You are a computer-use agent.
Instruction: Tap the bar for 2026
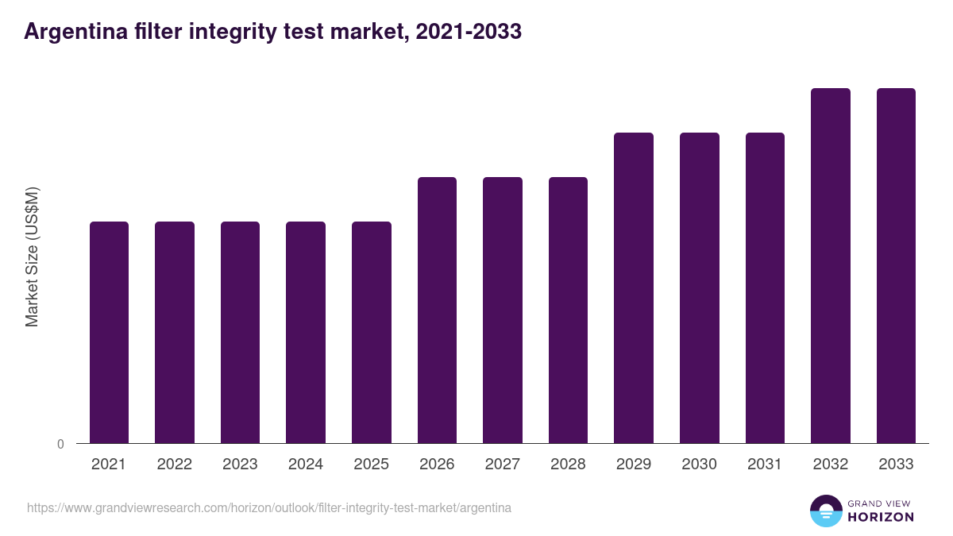pos(437,310)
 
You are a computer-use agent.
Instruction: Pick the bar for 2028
pos(568,310)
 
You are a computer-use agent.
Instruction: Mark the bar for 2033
pos(896,265)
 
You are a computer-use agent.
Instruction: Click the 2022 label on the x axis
pos(174,465)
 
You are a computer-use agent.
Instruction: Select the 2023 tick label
pos(240,465)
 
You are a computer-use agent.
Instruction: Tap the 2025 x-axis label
pos(371,465)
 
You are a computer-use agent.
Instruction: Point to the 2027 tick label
pos(502,465)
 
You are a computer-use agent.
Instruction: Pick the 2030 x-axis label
pos(699,465)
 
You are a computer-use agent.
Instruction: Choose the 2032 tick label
pos(830,465)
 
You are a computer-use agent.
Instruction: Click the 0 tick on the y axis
pos(61,444)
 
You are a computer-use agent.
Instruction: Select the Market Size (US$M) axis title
pos(32,257)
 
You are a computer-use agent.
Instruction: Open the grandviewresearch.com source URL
pos(269,507)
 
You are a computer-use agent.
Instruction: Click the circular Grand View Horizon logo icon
pos(826,511)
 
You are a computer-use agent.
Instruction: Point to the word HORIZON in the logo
pos(881,517)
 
